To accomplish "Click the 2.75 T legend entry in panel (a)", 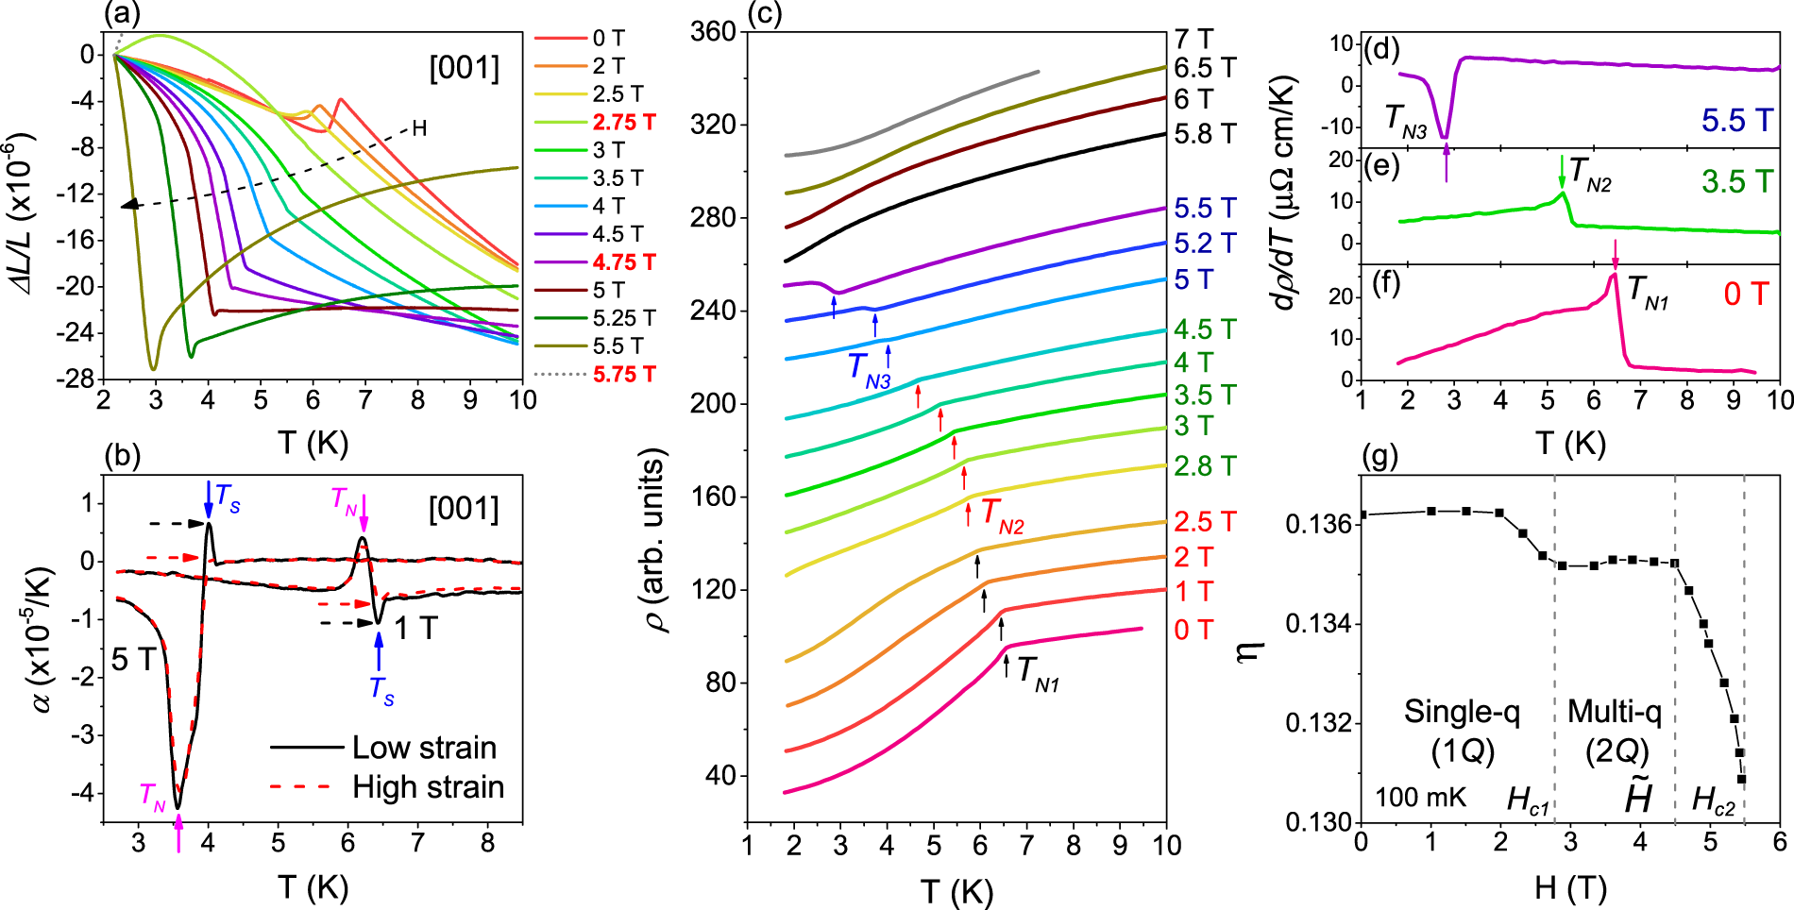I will pyautogui.click(x=623, y=123).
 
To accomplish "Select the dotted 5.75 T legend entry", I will pyautogui.click(x=623, y=375).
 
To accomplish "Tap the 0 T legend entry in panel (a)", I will pyautogui.click(x=608, y=39).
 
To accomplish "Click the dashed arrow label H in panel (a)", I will pyautogui.click(x=419, y=128).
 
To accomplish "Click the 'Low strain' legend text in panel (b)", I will pyautogui.click(x=424, y=748).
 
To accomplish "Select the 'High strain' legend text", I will pyautogui.click(x=428, y=787).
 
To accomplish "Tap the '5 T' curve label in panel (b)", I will pyautogui.click(x=132, y=659).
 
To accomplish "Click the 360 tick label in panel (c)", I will pyautogui.click(x=713, y=32).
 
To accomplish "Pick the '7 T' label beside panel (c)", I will pyautogui.click(x=1193, y=39).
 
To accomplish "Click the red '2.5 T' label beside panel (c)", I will pyautogui.click(x=1204, y=522).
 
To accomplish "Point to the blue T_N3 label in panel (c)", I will pyautogui.click(x=868, y=368).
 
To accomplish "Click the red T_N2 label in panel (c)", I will pyautogui.click(x=1002, y=514).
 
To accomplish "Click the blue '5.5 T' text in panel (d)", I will pyautogui.click(x=1737, y=120).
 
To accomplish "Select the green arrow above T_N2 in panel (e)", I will pyautogui.click(x=1562, y=172).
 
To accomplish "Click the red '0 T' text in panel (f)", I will pyautogui.click(x=1745, y=294).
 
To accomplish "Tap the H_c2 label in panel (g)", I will pyautogui.click(x=1713, y=800).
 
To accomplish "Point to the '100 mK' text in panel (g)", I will pyautogui.click(x=1420, y=798).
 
